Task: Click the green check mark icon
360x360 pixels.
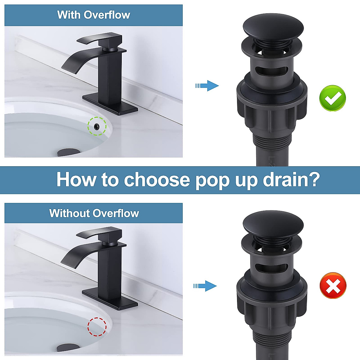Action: (333, 98)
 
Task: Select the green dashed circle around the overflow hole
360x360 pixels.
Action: (97, 126)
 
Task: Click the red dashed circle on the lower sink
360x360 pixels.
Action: (97, 326)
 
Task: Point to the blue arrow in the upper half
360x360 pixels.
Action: (208, 86)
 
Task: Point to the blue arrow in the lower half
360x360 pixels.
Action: (206, 286)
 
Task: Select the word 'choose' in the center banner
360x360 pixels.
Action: (157, 179)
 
